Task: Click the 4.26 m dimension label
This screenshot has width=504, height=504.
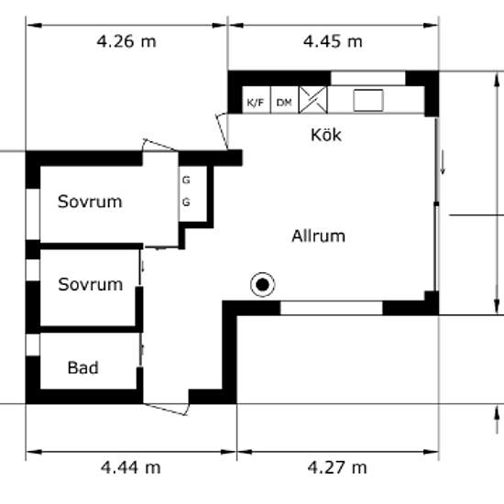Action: [126, 42]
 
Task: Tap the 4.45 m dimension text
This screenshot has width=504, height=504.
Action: [333, 42]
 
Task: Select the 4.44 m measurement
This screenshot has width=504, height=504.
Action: [130, 467]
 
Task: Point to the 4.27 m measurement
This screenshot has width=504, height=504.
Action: [337, 467]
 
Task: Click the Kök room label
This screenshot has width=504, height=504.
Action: [326, 135]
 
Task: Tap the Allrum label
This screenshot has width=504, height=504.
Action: [318, 236]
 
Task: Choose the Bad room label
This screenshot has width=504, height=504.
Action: [82, 367]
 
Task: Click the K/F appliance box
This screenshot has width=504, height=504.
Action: [257, 100]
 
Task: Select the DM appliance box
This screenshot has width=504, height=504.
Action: [285, 100]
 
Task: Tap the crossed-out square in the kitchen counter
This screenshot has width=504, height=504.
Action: [313, 100]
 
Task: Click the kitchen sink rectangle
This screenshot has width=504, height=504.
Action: [368, 101]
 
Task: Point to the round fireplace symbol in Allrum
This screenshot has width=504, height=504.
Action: [263, 284]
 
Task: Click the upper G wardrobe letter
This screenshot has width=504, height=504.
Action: [186, 180]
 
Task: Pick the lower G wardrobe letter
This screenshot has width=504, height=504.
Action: [186, 203]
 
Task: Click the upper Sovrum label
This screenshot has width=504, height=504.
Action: [90, 202]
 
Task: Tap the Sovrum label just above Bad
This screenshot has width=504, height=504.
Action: [91, 284]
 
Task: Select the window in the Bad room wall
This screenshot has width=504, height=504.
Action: [33, 345]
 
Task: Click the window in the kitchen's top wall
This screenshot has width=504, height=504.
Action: [368, 78]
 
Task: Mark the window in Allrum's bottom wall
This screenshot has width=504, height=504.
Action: [332, 308]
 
